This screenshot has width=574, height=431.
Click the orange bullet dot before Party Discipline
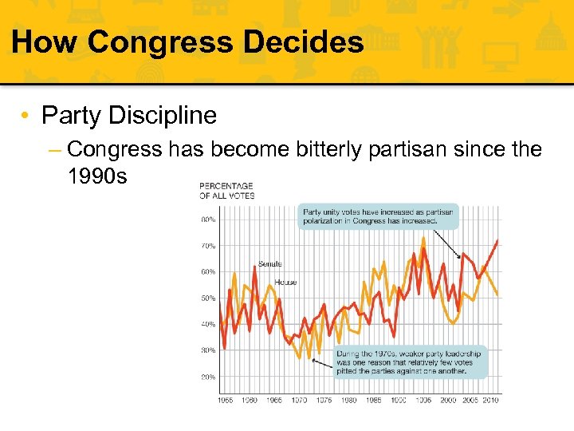[x=27, y=117]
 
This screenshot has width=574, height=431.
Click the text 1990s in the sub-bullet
[x=97, y=176]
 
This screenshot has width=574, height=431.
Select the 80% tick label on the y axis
[x=206, y=219]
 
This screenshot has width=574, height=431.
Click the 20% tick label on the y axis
[x=206, y=377]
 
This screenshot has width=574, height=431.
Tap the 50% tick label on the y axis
[x=206, y=299]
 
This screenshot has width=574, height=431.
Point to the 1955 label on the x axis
[x=226, y=400]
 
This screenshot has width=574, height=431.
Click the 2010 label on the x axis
[x=490, y=400]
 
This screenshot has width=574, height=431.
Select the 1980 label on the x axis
[x=348, y=400]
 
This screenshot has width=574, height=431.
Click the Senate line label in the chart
[x=269, y=264]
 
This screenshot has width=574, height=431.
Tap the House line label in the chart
[x=285, y=283]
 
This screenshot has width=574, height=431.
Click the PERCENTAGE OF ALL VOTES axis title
[x=226, y=191]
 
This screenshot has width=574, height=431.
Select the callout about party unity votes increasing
[x=379, y=215]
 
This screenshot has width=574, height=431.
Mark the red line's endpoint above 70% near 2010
[x=497, y=240]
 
